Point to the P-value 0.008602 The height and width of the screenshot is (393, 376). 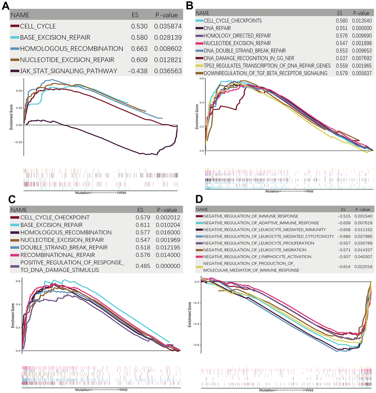tap(166, 48)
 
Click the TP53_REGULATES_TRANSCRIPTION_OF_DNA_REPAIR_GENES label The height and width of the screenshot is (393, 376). tap(262, 66)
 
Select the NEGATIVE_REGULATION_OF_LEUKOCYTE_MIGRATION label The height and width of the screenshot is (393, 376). tap(254, 250)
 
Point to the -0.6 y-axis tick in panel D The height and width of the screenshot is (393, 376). tap(195, 345)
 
